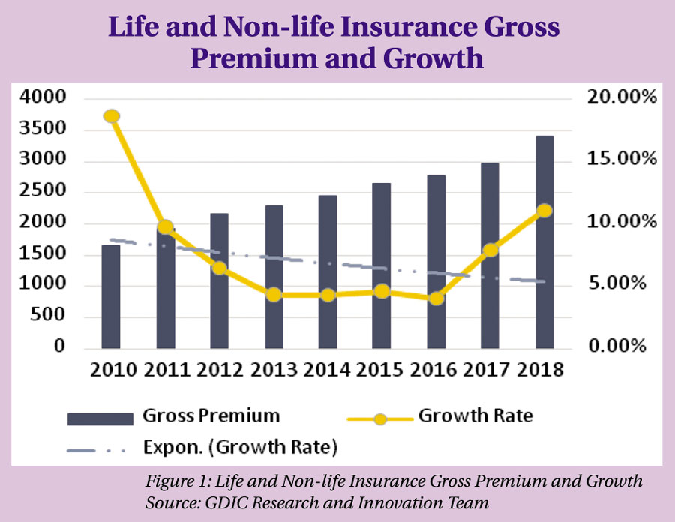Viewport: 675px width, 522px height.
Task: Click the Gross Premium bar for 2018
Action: click(544, 241)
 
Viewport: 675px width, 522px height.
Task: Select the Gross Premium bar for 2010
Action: click(111, 296)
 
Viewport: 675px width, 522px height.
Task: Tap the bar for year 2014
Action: click(328, 271)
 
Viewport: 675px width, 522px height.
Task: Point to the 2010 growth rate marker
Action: click(112, 116)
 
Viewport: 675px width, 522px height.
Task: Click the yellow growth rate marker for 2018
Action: click(544, 211)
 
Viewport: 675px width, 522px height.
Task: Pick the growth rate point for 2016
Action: click(436, 298)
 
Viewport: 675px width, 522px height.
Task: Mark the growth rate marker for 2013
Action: click(274, 295)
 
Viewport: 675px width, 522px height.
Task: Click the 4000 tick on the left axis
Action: click(43, 97)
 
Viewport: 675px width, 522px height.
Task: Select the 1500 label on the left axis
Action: click(43, 253)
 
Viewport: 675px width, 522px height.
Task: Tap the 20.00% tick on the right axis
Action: click(622, 97)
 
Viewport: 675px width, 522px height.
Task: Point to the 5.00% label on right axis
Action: click(617, 283)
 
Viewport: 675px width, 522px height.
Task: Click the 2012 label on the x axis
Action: click(220, 370)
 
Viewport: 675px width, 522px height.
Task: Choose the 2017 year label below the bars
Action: click(487, 370)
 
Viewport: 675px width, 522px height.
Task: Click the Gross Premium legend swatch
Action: click(100, 418)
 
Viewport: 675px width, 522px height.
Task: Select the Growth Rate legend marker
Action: click(380, 418)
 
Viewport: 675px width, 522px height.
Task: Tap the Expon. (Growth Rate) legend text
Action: click(240, 447)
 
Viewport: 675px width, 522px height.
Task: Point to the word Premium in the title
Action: click(254, 59)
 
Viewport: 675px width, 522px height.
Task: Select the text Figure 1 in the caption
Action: click(177, 481)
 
